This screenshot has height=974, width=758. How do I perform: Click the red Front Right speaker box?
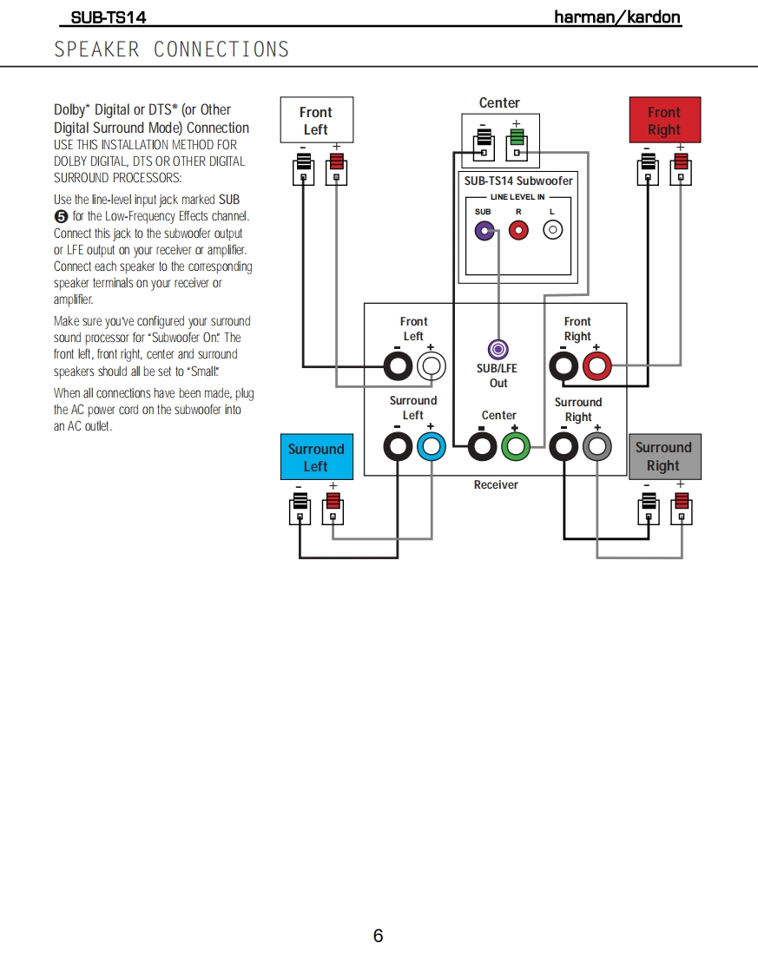click(x=663, y=121)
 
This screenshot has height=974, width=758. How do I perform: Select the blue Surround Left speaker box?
click(x=316, y=457)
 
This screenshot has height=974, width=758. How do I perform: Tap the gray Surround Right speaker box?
click(x=663, y=457)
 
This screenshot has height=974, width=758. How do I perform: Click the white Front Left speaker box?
click(x=316, y=121)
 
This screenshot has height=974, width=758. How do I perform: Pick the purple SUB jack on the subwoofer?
click(x=484, y=230)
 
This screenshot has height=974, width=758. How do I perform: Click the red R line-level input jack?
click(x=518, y=230)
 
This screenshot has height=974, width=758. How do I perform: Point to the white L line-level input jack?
click(x=552, y=230)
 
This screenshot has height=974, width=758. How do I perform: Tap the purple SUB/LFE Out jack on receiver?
click(x=498, y=350)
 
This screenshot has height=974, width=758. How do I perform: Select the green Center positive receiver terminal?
click(x=515, y=447)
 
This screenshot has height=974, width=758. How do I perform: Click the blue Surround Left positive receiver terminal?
click(x=432, y=447)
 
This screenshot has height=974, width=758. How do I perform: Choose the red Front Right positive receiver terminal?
click(x=597, y=366)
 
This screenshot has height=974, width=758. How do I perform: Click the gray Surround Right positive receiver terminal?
click(x=597, y=447)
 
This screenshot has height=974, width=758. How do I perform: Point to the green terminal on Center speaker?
click(x=517, y=141)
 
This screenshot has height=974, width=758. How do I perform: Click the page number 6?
click(x=378, y=936)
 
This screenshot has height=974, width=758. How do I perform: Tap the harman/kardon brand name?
click(x=617, y=17)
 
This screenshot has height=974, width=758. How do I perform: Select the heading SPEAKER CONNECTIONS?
click(x=172, y=49)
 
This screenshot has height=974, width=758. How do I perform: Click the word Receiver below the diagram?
click(x=496, y=484)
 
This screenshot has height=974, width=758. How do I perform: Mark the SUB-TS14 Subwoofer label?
click(x=518, y=181)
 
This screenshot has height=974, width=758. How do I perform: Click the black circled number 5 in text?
click(x=61, y=217)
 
